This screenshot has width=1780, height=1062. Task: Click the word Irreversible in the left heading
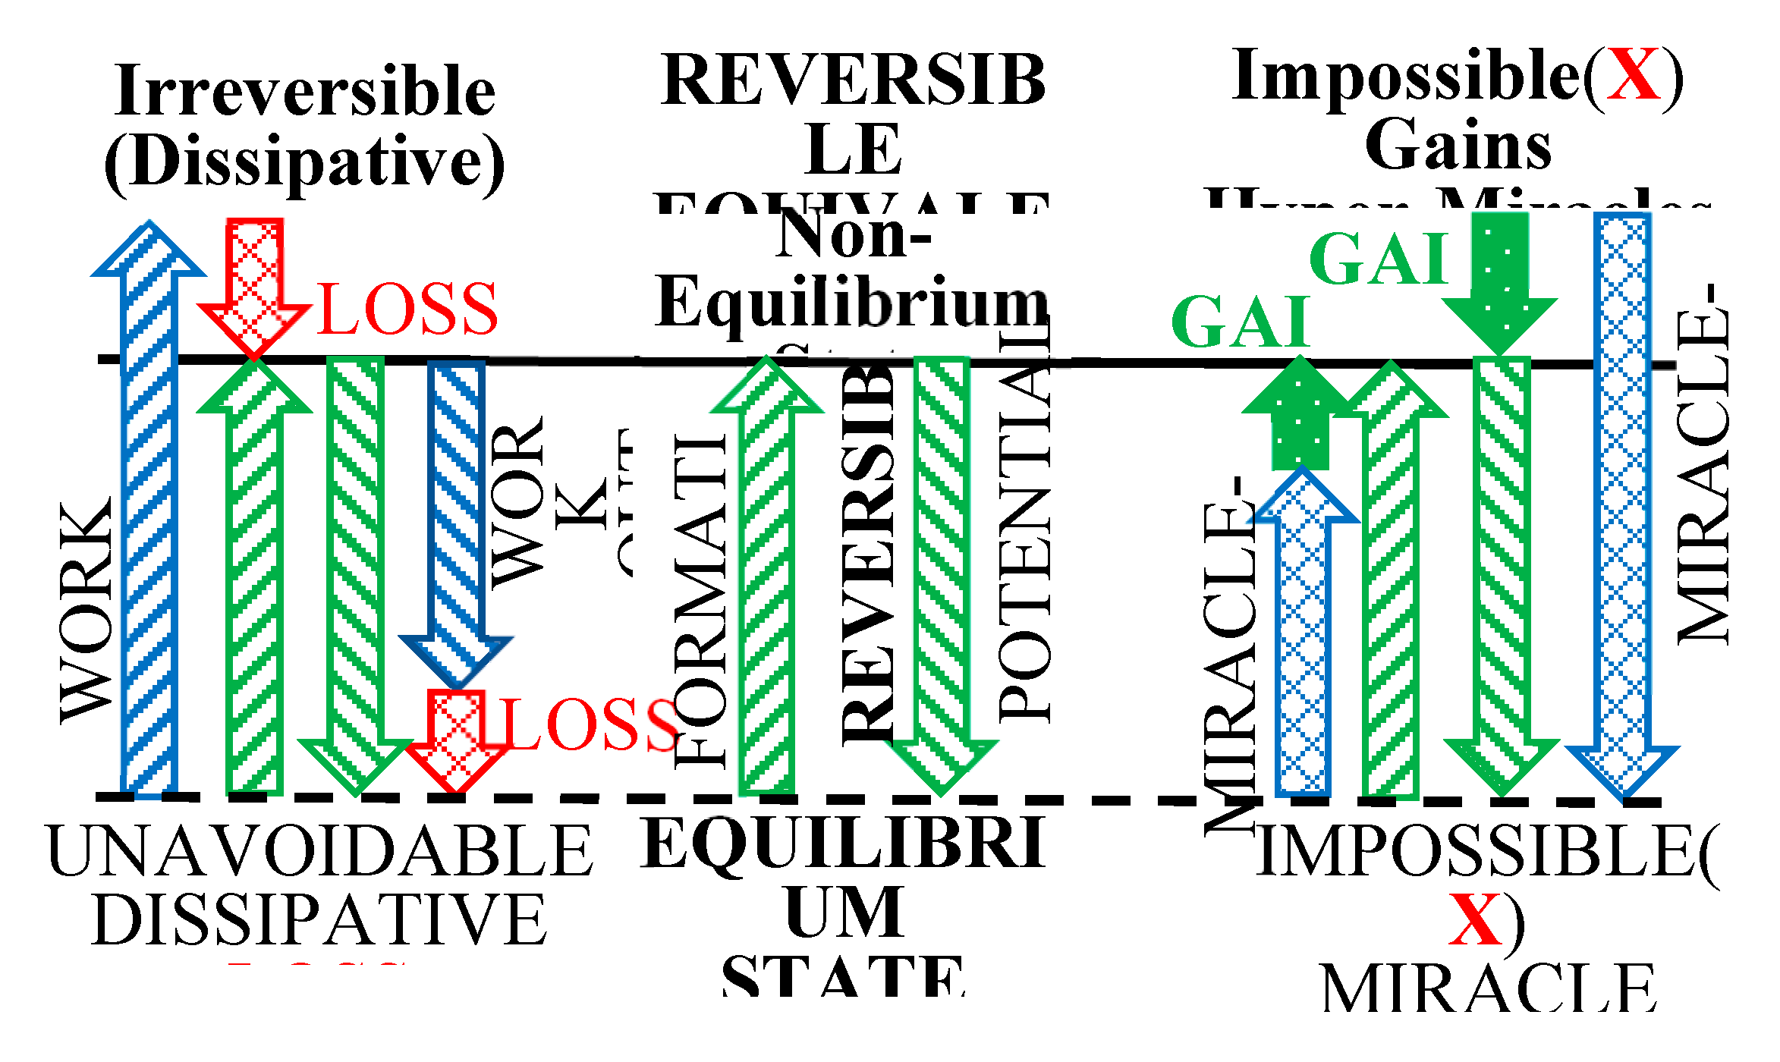point(305,91)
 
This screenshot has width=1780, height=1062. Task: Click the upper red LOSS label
point(407,309)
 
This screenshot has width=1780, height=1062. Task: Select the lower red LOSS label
point(590,724)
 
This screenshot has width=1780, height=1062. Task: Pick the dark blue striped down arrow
point(457,516)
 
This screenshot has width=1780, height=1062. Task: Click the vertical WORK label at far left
point(86,611)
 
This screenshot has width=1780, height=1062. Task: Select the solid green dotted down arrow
point(1499,281)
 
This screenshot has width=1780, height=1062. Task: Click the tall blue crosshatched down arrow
point(1622,501)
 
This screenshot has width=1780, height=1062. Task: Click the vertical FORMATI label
point(700,603)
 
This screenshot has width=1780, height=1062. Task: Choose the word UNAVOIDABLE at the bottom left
point(319,851)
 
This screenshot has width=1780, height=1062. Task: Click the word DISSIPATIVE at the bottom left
point(319,919)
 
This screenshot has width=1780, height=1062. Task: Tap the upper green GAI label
point(1379,259)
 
